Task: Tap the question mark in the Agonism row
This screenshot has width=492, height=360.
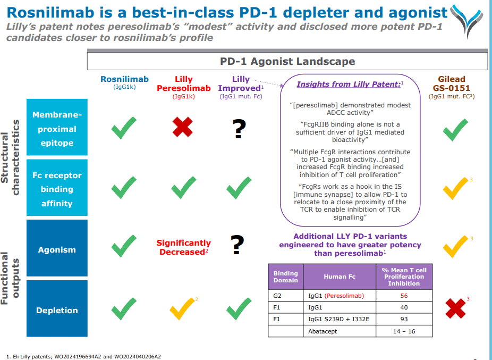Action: click(237, 245)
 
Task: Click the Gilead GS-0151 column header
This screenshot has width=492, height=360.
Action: click(451, 84)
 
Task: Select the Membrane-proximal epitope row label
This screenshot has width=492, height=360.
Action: click(57, 129)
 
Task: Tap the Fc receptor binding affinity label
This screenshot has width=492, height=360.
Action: click(57, 189)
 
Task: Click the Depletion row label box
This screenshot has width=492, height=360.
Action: click(57, 310)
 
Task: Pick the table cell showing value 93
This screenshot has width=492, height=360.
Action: click(404, 319)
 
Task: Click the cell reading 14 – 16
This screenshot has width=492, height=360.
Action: click(404, 331)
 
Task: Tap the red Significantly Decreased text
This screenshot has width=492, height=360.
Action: click(184, 247)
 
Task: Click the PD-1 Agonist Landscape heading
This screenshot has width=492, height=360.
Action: click(287, 61)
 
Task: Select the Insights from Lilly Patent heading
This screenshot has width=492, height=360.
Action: click(348, 84)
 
